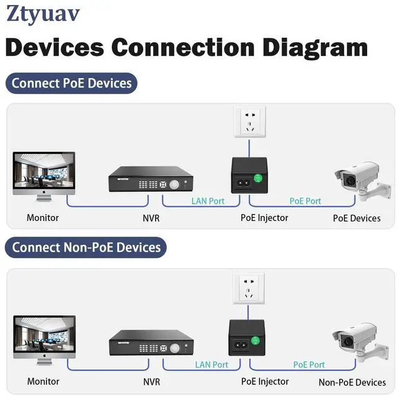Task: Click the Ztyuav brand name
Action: [x=43, y=14]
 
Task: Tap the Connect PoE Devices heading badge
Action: [x=71, y=83]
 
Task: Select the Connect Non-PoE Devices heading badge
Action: [x=86, y=247]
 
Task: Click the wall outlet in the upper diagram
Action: [x=249, y=122]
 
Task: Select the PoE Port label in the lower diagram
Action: [x=309, y=364]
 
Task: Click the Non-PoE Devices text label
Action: [x=352, y=382]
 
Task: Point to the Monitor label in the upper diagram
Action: [x=43, y=218]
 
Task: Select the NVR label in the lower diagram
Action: [x=153, y=381]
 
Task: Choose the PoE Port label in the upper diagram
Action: [x=305, y=200]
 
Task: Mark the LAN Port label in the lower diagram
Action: [x=212, y=364]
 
